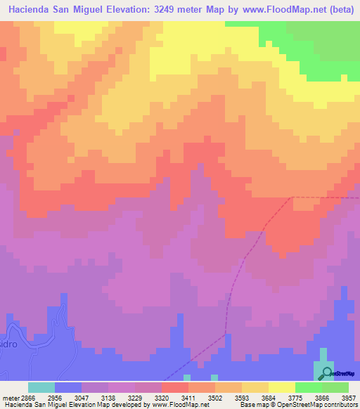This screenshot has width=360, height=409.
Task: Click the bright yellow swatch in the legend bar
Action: (282, 387)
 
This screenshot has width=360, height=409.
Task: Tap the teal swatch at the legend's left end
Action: (41, 387)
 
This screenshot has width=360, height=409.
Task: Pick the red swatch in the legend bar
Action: (175, 387)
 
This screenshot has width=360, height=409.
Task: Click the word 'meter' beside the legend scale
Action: (10, 397)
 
